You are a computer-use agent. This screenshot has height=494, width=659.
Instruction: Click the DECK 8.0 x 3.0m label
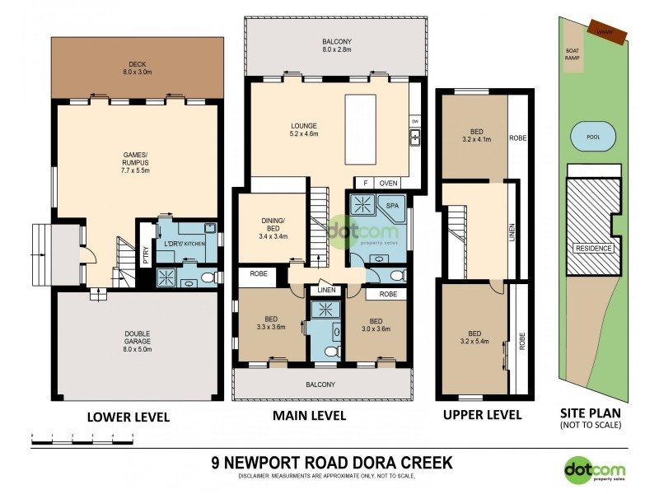137,68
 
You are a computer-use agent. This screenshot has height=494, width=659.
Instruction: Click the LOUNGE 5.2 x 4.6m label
303,129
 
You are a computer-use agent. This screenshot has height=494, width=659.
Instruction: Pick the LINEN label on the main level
325,291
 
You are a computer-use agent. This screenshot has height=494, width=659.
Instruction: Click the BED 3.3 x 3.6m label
271,324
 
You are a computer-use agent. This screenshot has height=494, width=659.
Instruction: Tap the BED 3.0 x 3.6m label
376,324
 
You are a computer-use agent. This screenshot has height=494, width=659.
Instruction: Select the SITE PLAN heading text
588,414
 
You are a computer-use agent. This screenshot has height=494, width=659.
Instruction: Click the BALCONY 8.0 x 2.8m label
337,45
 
